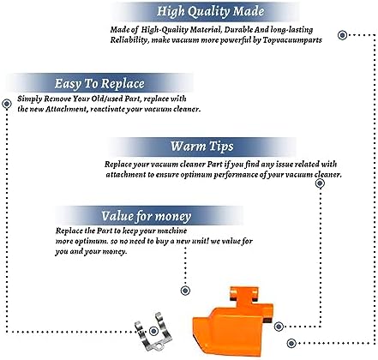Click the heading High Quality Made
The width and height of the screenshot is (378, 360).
click(x=210, y=11)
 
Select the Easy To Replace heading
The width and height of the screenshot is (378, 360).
click(x=99, y=84)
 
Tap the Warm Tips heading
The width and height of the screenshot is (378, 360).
click(x=202, y=147)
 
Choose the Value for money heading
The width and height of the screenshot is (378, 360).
click(x=146, y=216)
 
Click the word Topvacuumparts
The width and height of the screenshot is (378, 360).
click(x=292, y=40)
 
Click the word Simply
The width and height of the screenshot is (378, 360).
click(x=26, y=99)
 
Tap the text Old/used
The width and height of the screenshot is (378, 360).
click(x=107, y=99)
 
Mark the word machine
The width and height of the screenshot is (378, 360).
click(x=172, y=231)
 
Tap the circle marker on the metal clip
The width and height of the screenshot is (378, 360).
click(x=153, y=331)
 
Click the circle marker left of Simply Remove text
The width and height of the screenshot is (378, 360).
click(x=7, y=104)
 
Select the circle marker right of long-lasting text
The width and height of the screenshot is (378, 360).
click(x=342, y=35)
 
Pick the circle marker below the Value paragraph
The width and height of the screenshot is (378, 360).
click(x=185, y=291)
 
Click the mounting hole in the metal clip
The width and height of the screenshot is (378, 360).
click(x=159, y=347)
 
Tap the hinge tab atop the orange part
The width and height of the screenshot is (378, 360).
click(x=245, y=295)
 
